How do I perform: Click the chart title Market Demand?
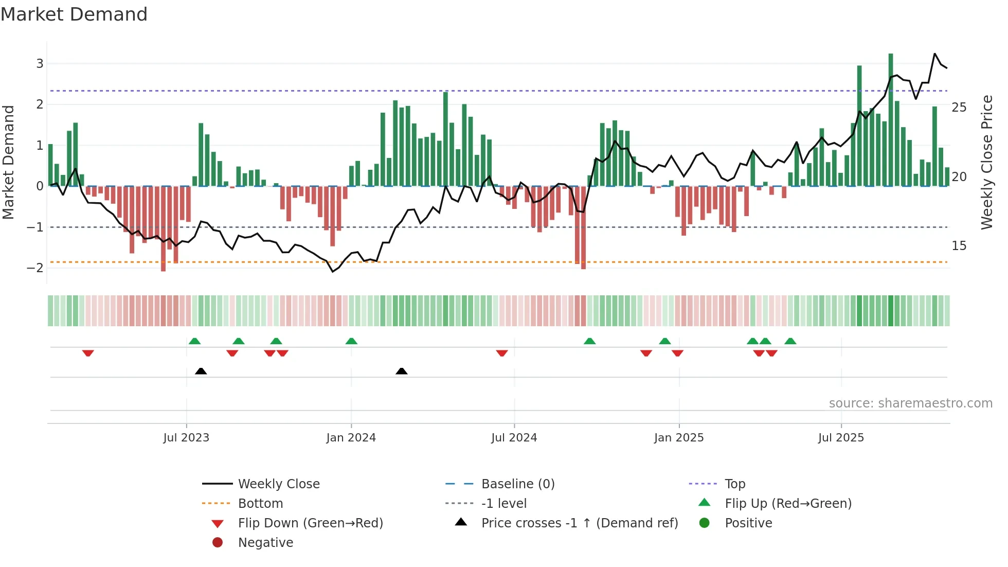click(74, 14)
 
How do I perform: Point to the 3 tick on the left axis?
click(40, 64)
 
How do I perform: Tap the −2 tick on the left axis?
click(35, 268)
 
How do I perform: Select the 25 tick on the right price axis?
click(959, 108)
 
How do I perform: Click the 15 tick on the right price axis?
click(959, 246)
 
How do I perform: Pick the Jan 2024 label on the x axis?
click(351, 438)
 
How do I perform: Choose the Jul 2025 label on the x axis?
click(841, 438)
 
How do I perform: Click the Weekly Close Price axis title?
click(987, 162)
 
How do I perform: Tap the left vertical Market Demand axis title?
click(9, 162)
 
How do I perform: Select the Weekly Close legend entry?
click(278, 484)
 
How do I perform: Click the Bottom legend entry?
click(260, 504)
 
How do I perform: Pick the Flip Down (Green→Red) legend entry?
click(310, 523)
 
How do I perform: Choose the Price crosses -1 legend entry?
click(579, 523)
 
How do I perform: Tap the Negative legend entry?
click(265, 543)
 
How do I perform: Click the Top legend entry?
click(734, 484)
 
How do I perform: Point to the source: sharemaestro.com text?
click(910, 403)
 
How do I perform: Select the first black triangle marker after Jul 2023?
click(201, 371)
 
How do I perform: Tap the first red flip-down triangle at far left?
click(88, 353)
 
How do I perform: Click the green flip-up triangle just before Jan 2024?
click(351, 341)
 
